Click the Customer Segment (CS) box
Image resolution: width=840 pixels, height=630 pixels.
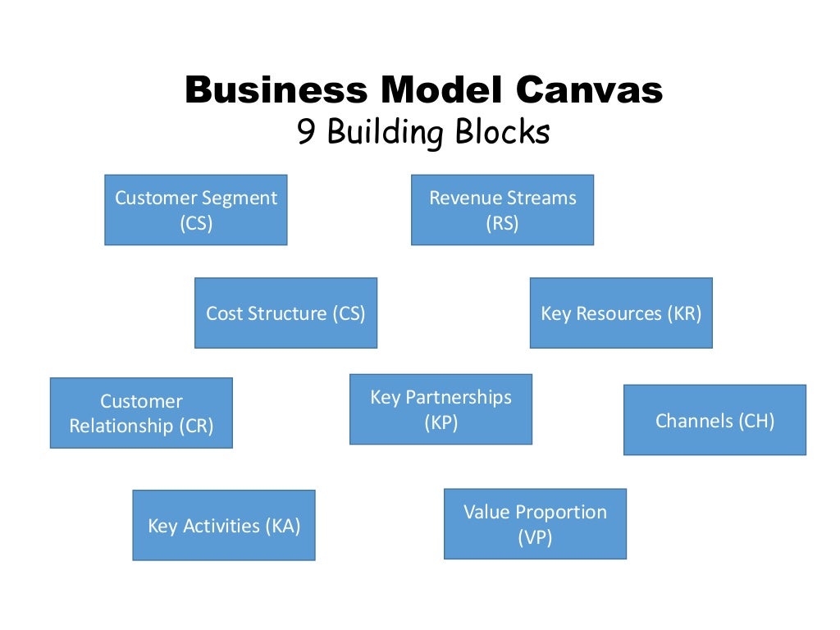pos(196,210)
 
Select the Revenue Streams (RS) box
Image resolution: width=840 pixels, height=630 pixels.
pos(502,210)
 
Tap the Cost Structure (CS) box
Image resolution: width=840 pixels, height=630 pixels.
pos(285,313)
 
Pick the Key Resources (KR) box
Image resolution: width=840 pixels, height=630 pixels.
pos(621,313)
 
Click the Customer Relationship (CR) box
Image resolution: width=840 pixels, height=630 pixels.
pos(141,413)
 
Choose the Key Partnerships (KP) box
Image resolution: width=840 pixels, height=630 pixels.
pos(441,409)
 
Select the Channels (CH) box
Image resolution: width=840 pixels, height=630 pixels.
pos(714,420)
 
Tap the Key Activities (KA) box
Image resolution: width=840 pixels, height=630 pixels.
pos(224,525)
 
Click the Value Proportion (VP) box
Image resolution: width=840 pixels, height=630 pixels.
pos(535,524)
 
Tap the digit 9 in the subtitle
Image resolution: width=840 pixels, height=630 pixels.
pos(307,132)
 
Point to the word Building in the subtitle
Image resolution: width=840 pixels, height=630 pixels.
pos(384,133)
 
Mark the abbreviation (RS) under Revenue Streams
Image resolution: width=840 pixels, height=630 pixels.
pos(502,223)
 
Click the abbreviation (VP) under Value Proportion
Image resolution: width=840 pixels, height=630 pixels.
pos(535,537)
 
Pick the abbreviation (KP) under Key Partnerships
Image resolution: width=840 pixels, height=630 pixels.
pos(441,422)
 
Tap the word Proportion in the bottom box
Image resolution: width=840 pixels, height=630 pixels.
pos(562,512)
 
